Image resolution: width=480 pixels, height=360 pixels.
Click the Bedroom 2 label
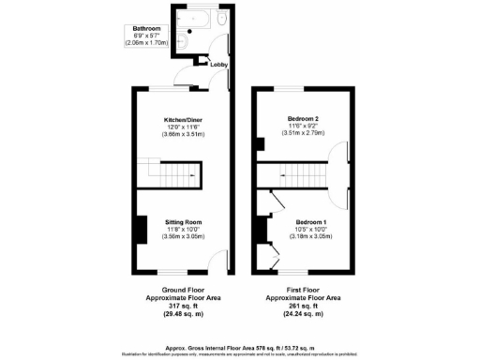[x=303, y=118]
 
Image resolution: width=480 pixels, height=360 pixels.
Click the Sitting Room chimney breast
[x=139, y=229]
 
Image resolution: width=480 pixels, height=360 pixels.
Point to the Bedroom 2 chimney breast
[x=258, y=145]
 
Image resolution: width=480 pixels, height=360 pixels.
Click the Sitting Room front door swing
[x=216, y=260]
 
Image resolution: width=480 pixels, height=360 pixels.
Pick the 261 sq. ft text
[x=303, y=306]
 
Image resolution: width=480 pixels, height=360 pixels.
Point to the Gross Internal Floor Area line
[x=239, y=346]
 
